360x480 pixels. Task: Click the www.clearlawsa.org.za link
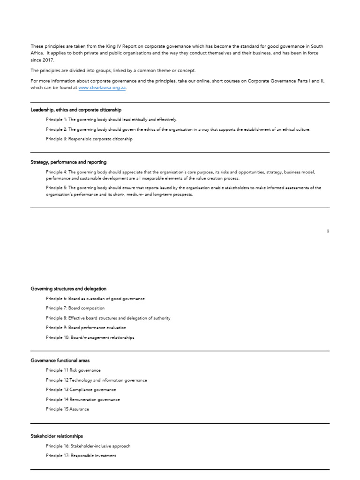102,88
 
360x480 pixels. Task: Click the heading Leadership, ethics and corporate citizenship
76,110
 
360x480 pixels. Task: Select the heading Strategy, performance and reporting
68,162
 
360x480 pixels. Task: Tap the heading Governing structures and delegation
68,289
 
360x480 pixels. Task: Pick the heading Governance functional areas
60,360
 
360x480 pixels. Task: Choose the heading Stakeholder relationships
57,436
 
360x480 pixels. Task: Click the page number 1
328,231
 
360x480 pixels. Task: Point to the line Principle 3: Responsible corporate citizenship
89,139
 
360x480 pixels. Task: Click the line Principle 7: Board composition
75,308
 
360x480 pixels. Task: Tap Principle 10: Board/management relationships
90,337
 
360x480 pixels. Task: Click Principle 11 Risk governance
73,370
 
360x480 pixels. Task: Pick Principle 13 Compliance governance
81,390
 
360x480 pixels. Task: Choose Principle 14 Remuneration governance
83,399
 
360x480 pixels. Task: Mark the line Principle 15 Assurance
67,409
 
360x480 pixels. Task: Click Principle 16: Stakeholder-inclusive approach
88,446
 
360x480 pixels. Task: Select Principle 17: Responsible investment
81,456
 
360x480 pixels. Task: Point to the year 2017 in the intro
48,60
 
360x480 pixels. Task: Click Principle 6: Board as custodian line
95,299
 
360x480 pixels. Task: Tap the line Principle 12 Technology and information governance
97,380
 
